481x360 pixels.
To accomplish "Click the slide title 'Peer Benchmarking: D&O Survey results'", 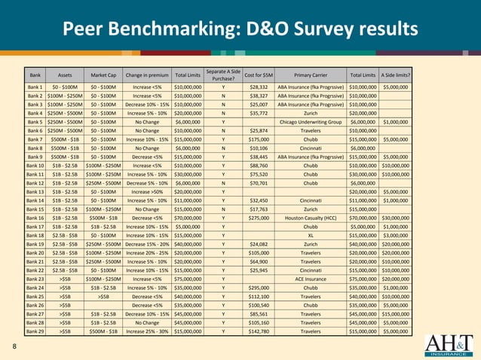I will coord(240,29).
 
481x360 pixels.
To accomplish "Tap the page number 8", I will coord(14,346).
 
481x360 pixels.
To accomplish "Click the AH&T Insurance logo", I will coord(450,343).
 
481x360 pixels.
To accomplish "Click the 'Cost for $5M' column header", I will coord(259,75).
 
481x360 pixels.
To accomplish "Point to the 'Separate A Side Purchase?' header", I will coord(223,75).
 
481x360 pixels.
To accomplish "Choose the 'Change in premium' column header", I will coord(148,75).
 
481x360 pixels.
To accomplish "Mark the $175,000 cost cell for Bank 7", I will coord(259,139).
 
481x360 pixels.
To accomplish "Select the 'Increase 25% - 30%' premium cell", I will coord(148,330).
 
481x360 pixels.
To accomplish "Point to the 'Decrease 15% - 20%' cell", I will coord(148,244).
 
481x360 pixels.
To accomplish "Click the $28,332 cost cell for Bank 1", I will coord(259,87).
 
